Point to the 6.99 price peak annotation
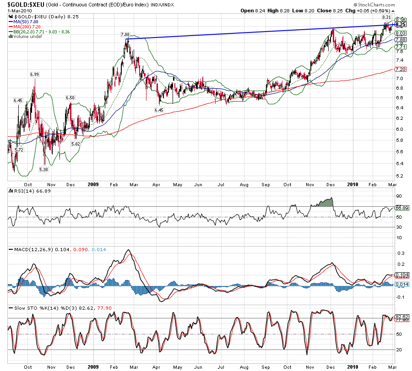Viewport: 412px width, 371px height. click(x=34, y=74)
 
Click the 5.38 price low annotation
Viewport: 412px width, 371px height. click(x=44, y=170)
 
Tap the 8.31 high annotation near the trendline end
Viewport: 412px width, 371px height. click(x=386, y=17)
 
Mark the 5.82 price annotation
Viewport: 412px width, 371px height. click(x=76, y=144)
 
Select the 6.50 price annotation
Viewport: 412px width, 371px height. click(x=70, y=97)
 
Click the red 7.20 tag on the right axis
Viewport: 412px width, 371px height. click(x=401, y=69)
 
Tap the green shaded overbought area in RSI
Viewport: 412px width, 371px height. click(x=323, y=202)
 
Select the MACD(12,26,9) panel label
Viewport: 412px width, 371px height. click(x=27, y=249)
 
